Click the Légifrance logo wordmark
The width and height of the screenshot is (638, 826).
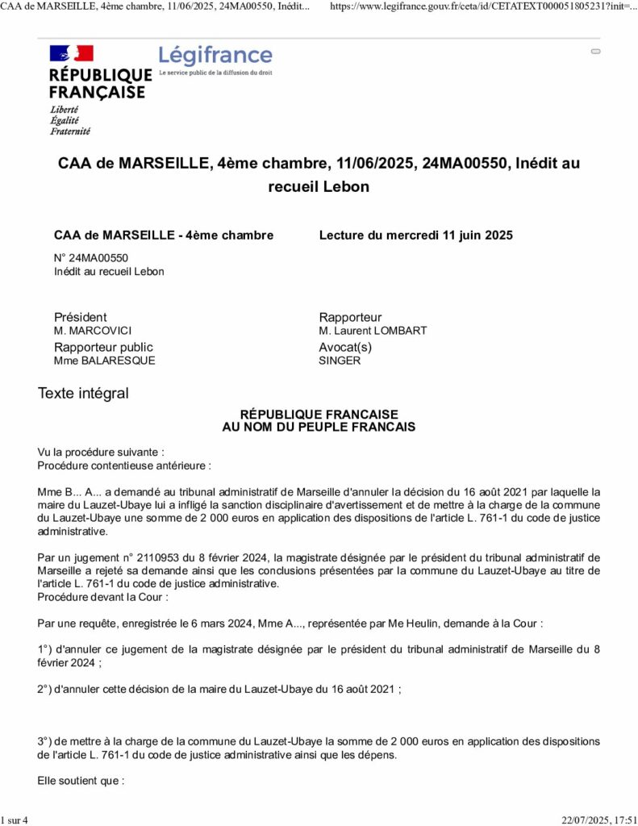coord(215,56)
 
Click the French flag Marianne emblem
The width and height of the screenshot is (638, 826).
coord(72,54)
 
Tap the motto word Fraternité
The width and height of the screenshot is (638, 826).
coord(70,131)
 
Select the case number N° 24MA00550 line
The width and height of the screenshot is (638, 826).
coord(91,258)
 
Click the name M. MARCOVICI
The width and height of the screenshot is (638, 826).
coord(93,331)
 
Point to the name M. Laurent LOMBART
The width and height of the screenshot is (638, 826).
coord(373,331)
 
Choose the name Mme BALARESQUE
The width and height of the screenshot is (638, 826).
coord(104,361)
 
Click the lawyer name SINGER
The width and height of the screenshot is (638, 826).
coord(340,361)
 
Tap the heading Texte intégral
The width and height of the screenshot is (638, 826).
coord(83,394)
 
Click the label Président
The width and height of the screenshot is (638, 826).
coord(80,317)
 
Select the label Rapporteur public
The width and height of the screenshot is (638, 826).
coord(103,347)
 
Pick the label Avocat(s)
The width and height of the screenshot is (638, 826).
coord(346,347)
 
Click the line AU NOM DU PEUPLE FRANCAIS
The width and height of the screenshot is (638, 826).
coord(319,428)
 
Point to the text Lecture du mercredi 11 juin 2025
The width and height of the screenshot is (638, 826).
coord(416,236)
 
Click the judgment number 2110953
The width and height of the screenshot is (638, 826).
coord(132,557)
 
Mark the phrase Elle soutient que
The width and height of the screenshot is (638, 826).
coord(81,781)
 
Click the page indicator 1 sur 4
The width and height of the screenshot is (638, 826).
coord(15,820)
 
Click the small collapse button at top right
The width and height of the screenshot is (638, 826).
coord(596,51)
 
